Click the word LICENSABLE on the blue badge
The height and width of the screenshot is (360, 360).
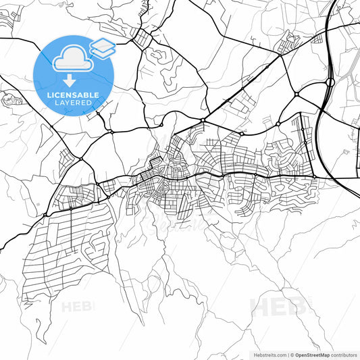click(74, 95)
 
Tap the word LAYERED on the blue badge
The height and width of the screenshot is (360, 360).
click(74, 103)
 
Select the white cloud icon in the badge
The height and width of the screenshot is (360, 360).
click(72, 59)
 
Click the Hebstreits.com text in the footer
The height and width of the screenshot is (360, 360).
click(267, 354)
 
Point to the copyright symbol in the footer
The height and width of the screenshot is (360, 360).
click(290, 354)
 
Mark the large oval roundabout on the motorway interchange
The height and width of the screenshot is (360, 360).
click(330, 83)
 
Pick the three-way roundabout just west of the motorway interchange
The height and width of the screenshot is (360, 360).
click(296, 94)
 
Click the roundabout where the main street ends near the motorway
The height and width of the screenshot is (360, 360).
click(314, 177)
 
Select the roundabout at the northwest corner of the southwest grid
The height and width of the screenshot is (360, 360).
click(45, 215)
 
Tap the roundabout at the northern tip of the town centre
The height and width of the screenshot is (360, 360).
click(203, 120)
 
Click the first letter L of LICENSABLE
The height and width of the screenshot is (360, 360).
click(50, 95)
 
